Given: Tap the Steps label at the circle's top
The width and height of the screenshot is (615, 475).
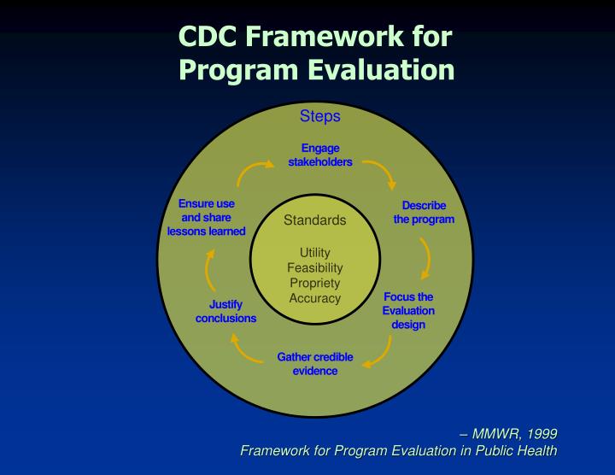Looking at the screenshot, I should click(319, 116).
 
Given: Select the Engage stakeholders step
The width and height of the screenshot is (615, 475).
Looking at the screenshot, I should click(320, 155).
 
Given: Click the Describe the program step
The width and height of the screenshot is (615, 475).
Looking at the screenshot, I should click(424, 213).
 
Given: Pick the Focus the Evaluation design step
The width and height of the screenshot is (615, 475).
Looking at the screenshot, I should click(408, 311).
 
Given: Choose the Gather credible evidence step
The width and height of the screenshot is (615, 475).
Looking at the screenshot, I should click(315, 364).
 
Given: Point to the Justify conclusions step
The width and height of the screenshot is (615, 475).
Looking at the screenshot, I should click(225, 312).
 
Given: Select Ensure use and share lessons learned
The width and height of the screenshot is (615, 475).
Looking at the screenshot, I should click(207, 218).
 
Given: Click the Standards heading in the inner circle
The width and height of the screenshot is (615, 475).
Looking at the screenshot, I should click(315, 220).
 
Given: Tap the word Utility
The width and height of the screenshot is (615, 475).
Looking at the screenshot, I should click(315, 253).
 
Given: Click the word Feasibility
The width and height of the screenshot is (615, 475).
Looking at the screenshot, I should click(315, 268).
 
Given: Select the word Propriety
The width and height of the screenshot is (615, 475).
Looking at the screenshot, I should click(315, 284).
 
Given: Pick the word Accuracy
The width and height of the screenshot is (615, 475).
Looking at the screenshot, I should click(315, 299).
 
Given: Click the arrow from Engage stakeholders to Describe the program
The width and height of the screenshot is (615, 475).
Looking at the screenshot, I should click(381, 172).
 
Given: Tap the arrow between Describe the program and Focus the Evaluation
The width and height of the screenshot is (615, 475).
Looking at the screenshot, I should click(425, 259).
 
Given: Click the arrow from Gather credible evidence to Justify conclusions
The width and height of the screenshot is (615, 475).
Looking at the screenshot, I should click(245, 349).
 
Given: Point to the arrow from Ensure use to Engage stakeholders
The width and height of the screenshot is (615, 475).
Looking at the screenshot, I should click(254, 171).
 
